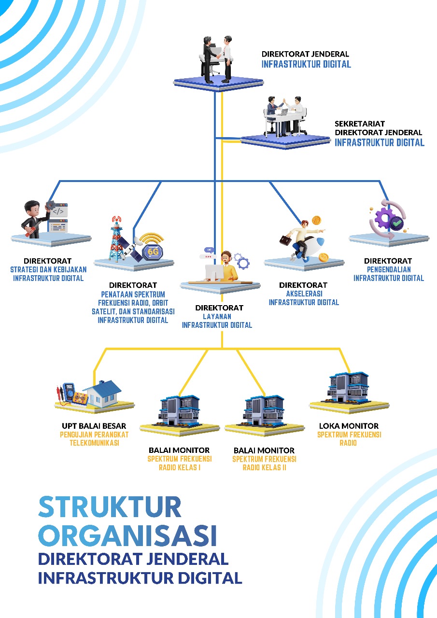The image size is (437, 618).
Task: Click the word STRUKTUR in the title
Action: pos(110,506)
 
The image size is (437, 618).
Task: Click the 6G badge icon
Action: pos(153,251)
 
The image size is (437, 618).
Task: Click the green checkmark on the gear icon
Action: pos(397,223)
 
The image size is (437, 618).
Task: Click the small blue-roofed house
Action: pos(103,392)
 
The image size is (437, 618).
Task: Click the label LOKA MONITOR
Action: pos(349,426)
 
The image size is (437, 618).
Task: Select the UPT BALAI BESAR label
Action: pos(94,426)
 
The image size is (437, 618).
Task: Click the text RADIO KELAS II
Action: pos(264,467)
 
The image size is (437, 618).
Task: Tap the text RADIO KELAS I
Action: pos(180,467)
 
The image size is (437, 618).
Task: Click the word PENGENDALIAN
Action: pos(388,269)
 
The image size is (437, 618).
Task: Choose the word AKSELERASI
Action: pos(304,294)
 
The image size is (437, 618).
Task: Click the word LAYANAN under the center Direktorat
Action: pos(217,316)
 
